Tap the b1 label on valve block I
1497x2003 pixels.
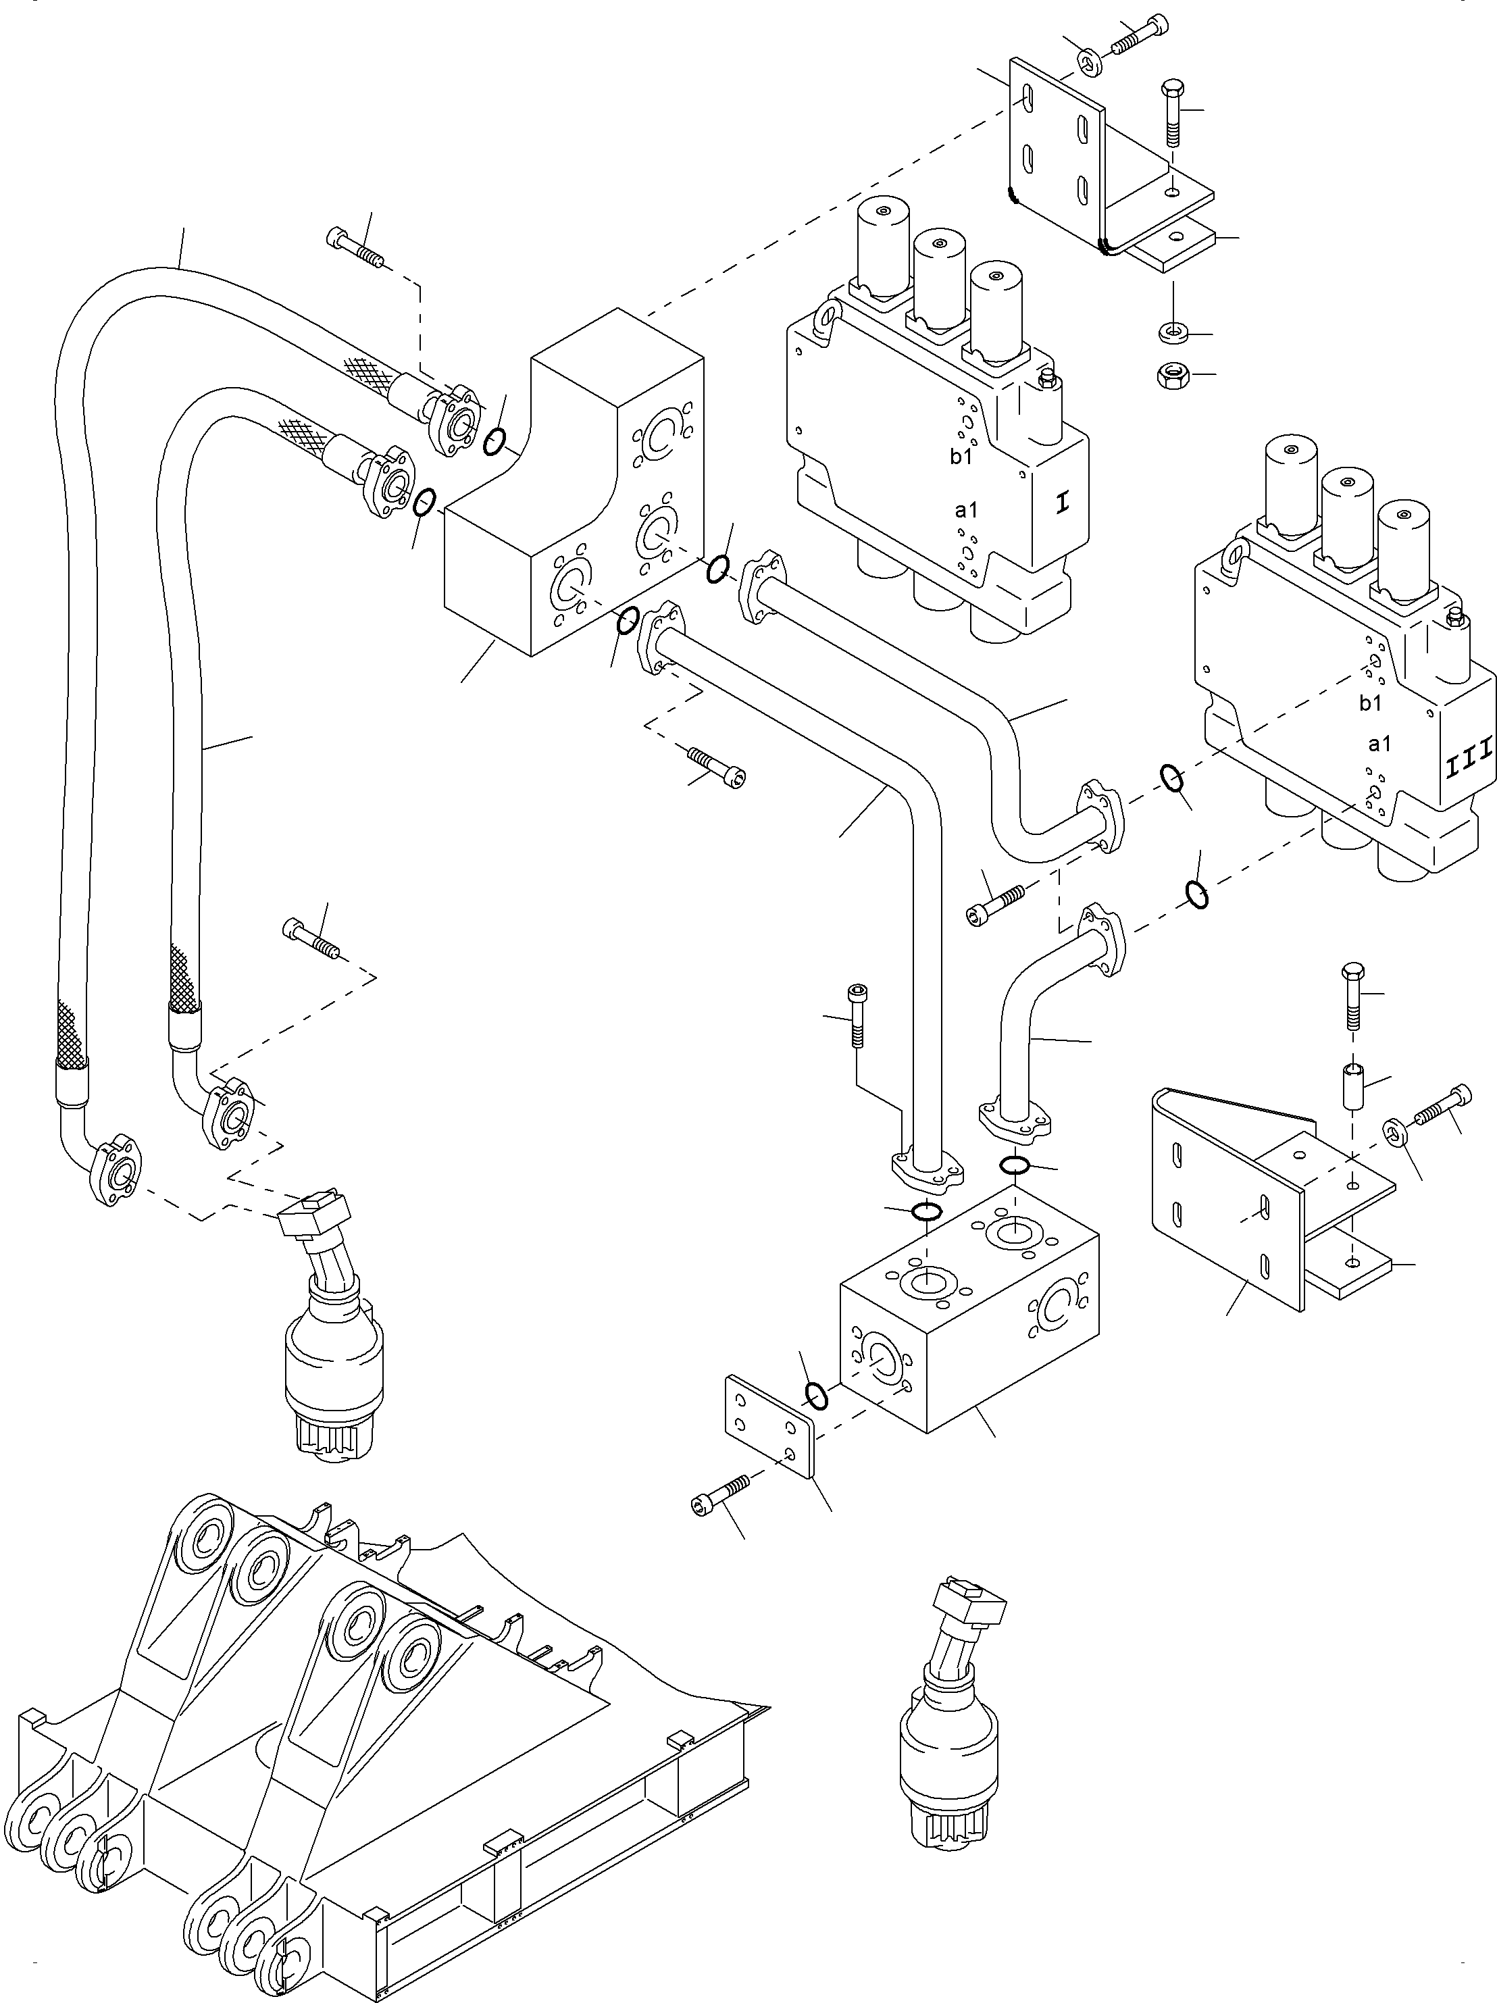(961, 457)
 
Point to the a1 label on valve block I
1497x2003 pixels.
(966, 510)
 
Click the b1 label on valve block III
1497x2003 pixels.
(1370, 703)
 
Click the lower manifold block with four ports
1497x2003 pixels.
(969, 1313)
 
